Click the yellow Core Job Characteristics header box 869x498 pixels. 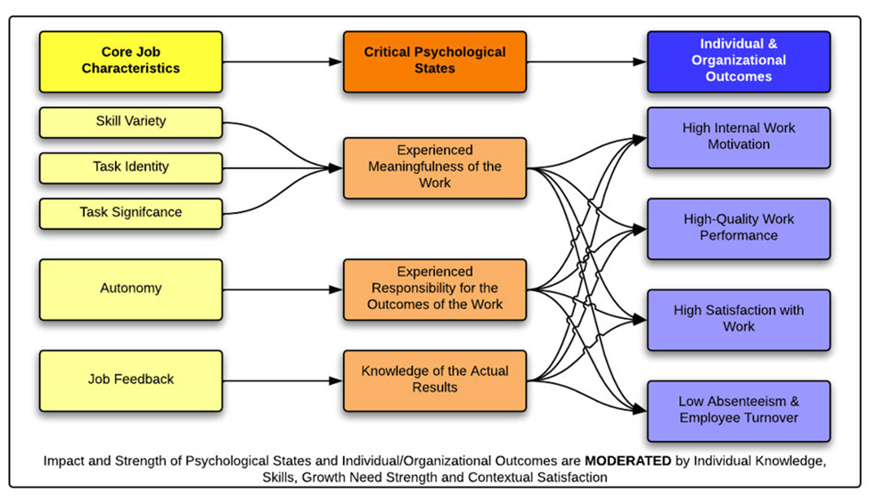[x=131, y=61]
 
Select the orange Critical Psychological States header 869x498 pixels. [x=435, y=61]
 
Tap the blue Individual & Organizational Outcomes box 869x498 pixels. [x=739, y=61]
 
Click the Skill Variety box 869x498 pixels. [x=131, y=122]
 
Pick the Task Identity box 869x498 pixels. [x=131, y=167]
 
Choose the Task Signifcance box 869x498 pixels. [x=131, y=213]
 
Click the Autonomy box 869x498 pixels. [x=131, y=290]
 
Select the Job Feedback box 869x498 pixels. [x=131, y=380]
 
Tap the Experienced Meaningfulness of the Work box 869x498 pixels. [x=435, y=167]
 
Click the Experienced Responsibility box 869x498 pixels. [x=435, y=290]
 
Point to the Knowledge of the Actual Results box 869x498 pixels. [x=435, y=380]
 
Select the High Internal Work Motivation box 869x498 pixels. [x=739, y=137]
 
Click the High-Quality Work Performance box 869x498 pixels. [x=739, y=229]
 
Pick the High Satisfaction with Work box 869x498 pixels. [x=739, y=320]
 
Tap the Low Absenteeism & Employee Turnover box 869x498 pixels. [x=739, y=411]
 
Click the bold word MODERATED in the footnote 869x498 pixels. [x=628, y=461]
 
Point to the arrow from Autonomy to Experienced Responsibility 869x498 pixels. [x=283, y=290]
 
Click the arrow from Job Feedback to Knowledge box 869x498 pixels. [x=283, y=380]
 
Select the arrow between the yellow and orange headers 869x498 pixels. [x=283, y=61]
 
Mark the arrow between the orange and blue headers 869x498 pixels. [x=586, y=61]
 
